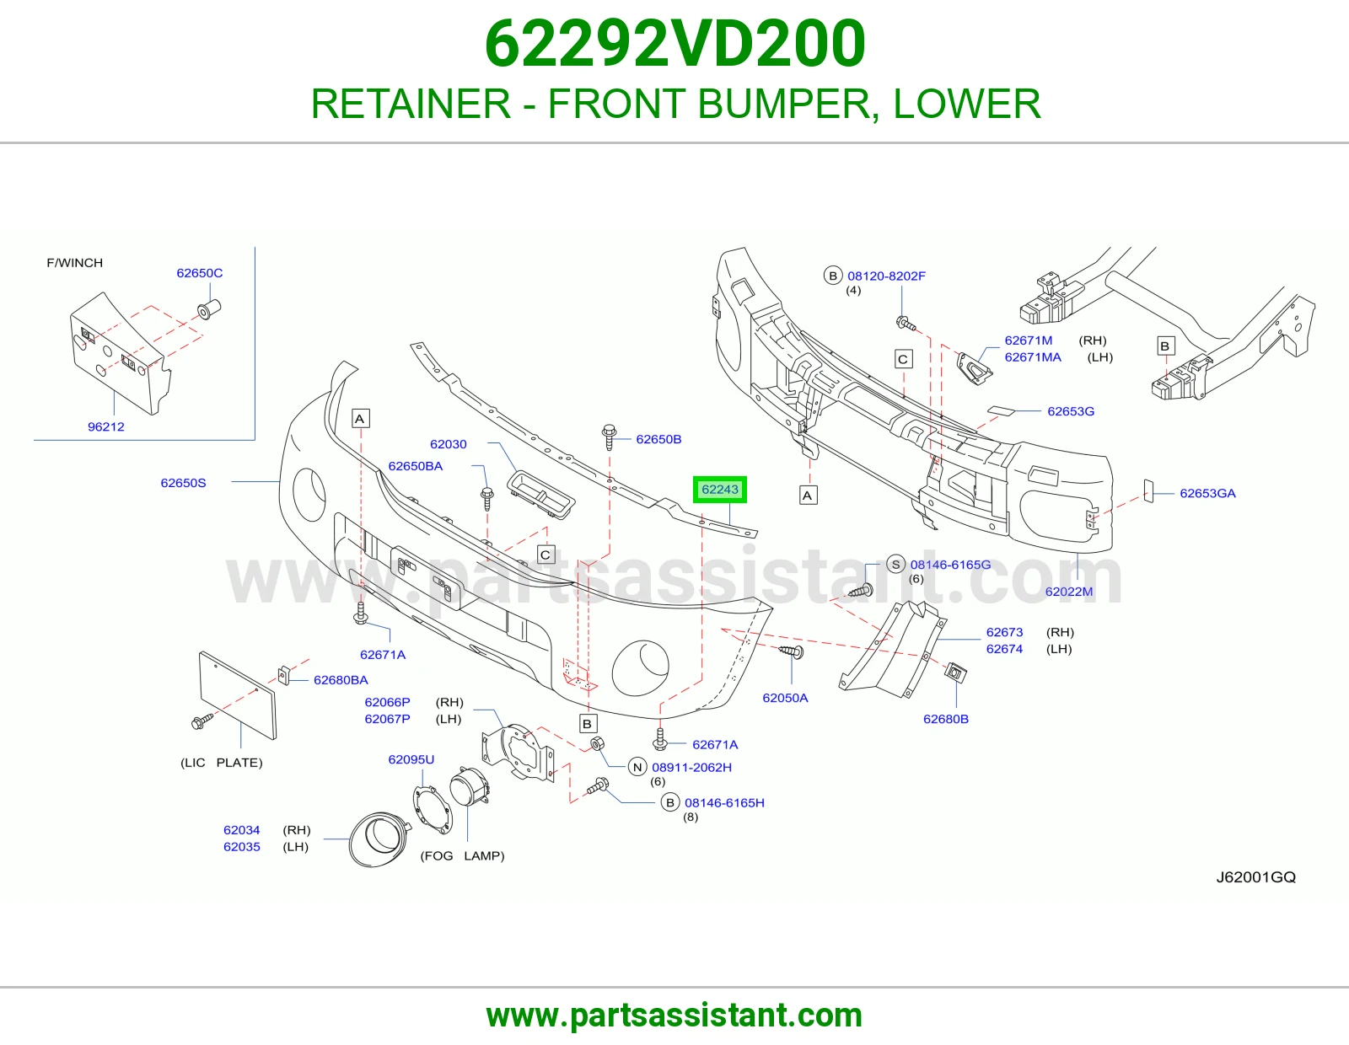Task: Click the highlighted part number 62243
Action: point(719,490)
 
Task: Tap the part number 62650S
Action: point(183,483)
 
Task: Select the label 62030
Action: point(449,444)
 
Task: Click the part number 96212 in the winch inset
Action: point(106,427)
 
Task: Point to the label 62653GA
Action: point(1207,493)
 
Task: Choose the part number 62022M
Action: point(1069,592)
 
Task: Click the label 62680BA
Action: point(341,680)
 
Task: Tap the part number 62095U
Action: point(411,759)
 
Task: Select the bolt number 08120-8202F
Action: point(886,276)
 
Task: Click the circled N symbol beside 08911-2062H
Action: point(637,768)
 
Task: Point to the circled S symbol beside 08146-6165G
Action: point(895,565)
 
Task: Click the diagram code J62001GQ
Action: point(1256,877)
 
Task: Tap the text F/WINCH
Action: point(75,263)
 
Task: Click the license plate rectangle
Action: point(238,695)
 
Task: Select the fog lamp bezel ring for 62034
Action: point(379,839)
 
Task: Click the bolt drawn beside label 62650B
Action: point(609,437)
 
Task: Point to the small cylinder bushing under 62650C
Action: point(209,309)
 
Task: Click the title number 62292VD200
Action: point(674,44)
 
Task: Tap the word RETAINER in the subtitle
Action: point(411,104)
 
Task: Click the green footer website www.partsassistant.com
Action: point(674,1016)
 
